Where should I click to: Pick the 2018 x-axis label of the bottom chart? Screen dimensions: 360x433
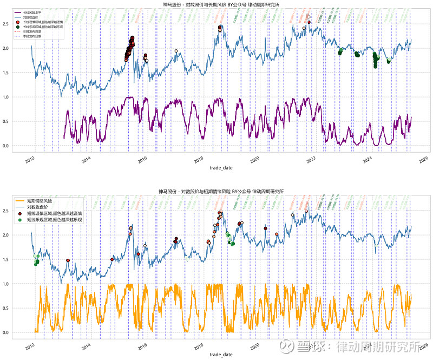[198, 345]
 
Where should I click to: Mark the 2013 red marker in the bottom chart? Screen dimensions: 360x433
[68, 260]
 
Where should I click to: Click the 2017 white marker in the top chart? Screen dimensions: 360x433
[176, 51]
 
